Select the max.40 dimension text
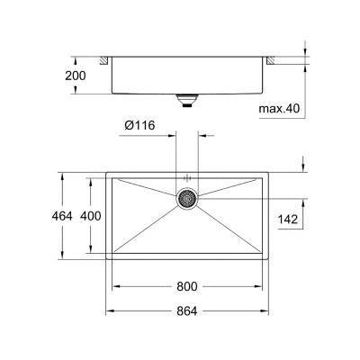[x=281, y=109]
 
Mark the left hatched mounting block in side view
[x=106, y=60]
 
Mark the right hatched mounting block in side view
[x=268, y=60]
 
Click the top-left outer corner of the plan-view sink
[x=107, y=171]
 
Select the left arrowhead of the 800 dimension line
[x=113, y=287]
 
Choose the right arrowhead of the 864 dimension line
[x=265, y=310]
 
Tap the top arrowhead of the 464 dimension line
[x=61, y=174]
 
